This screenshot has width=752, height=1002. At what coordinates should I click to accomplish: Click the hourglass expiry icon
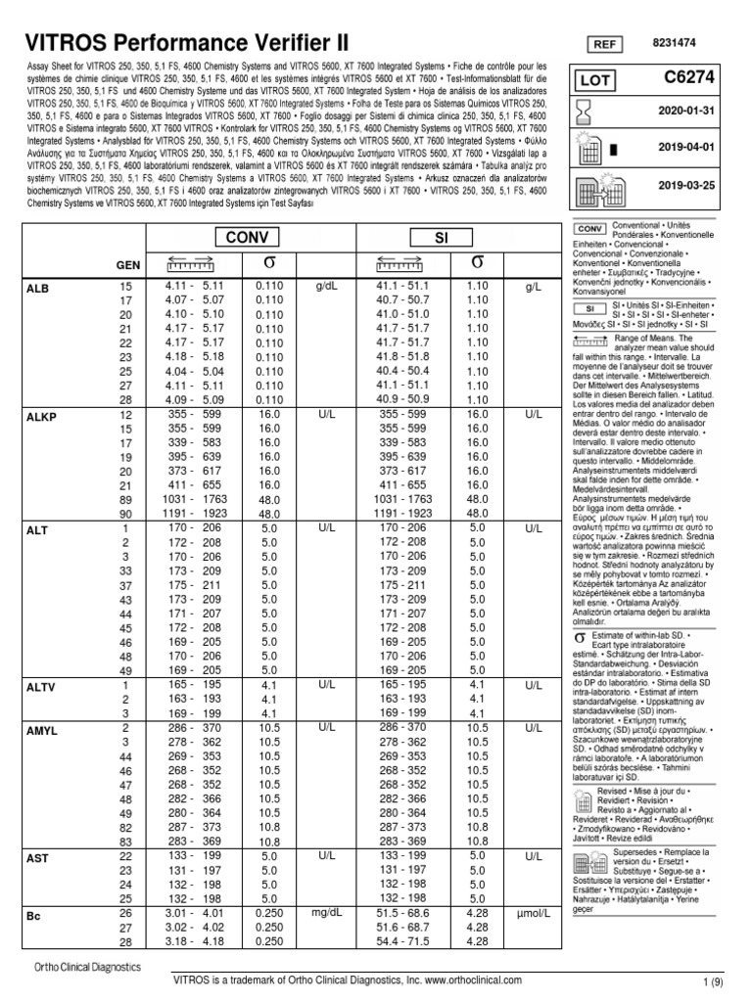[x=583, y=113]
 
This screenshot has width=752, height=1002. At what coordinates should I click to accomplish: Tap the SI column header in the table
[x=443, y=238]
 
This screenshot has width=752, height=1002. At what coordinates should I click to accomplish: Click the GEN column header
[x=128, y=265]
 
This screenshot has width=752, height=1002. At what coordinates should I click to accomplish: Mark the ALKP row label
[x=40, y=417]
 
